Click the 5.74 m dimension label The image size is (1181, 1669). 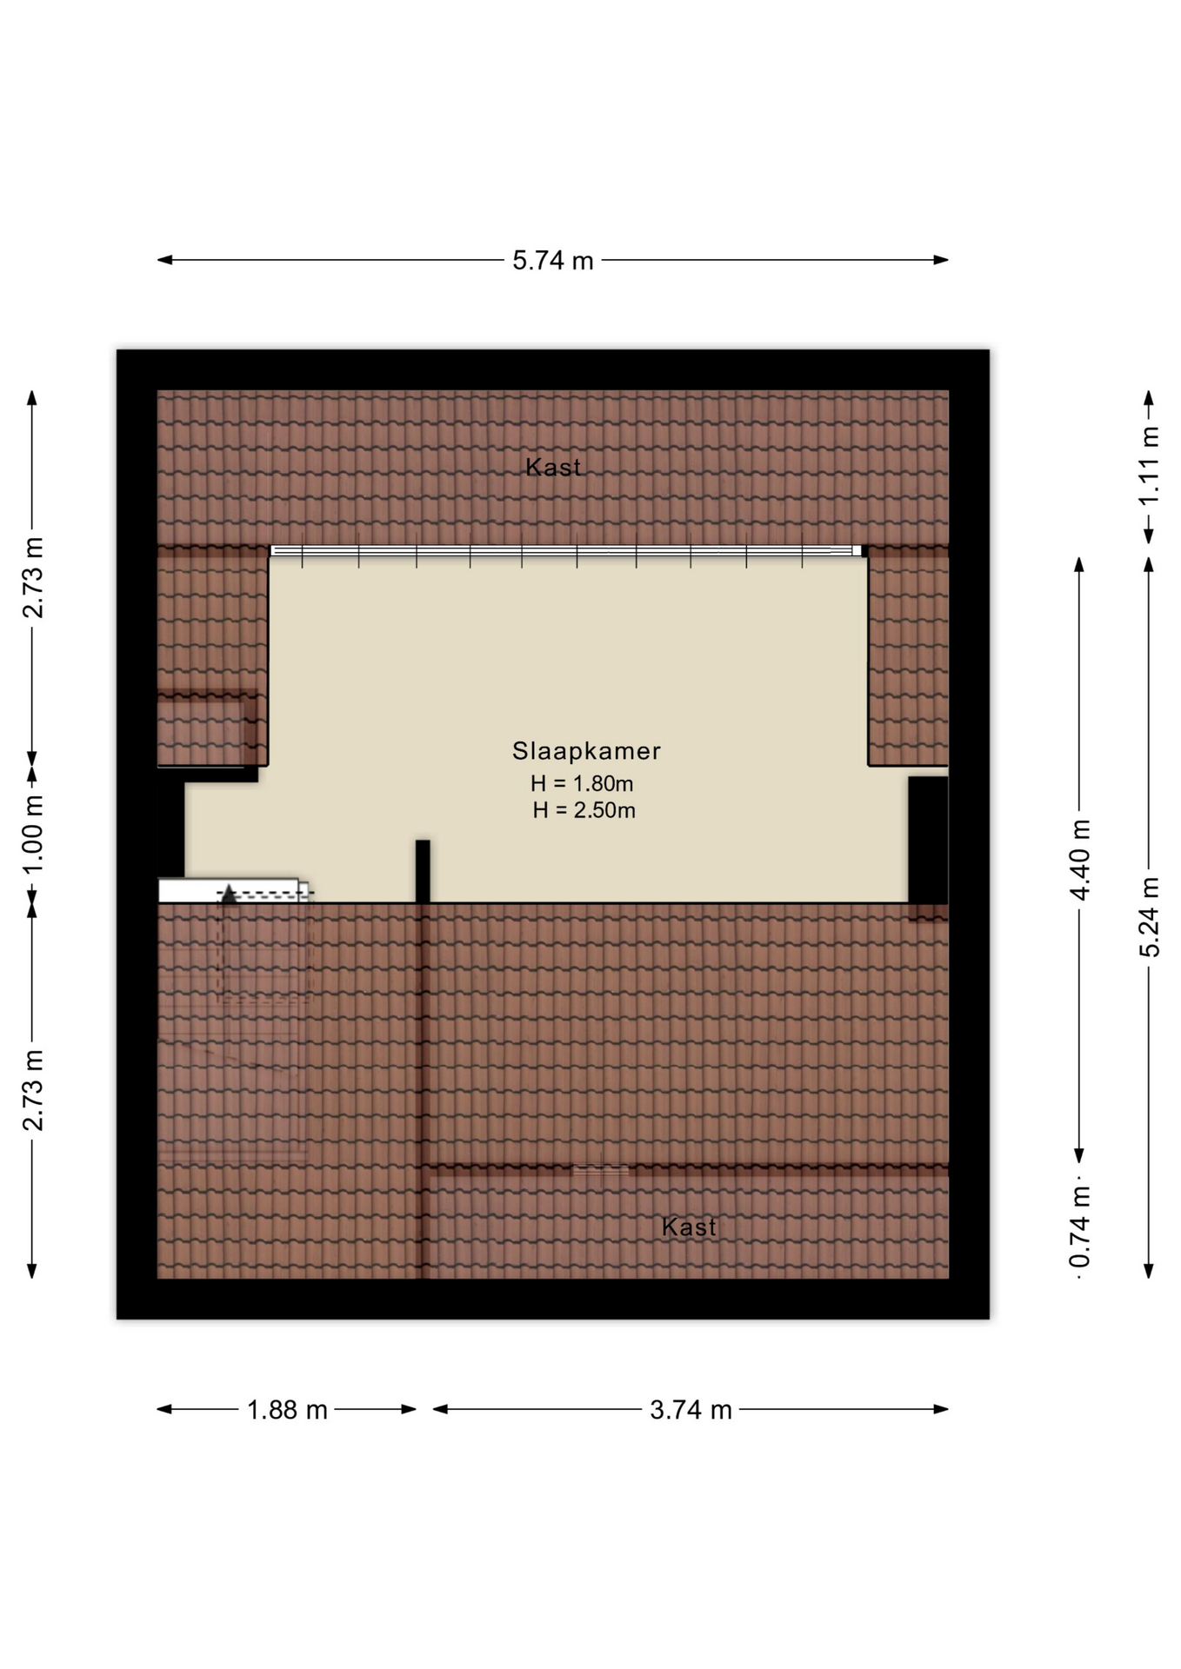[x=552, y=260]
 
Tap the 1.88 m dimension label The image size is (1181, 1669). [x=287, y=1409]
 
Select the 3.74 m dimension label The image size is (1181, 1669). [x=691, y=1409]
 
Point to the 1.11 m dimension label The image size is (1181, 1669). [x=1149, y=466]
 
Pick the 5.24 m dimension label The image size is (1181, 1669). [x=1149, y=917]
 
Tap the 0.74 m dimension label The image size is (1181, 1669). [x=1079, y=1227]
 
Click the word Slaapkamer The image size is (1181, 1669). [x=586, y=750]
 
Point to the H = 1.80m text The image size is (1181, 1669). [x=582, y=783]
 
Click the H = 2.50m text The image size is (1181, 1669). [x=584, y=810]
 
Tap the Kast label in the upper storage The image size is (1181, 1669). [x=553, y=467]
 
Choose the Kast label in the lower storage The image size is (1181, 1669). [x=689, y=1227]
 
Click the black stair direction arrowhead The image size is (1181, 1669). [x=228, y=894]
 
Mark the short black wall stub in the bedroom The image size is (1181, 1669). [x=423, y=871]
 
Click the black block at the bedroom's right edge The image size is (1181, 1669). [x=928, y=840]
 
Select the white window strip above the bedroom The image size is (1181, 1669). [x=566, y=550]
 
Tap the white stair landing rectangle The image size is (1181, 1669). [x=229, y=890]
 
